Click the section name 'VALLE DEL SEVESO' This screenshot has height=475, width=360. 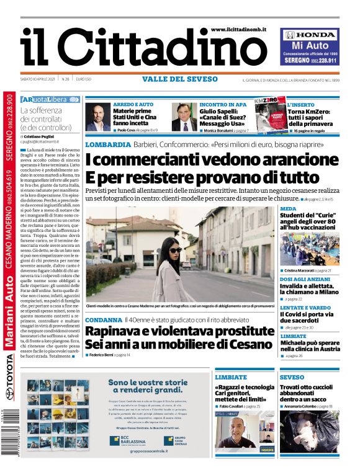180,79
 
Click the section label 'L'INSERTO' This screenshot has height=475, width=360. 300,105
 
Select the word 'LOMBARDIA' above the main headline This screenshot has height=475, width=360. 108,144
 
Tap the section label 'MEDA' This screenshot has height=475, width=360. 288,209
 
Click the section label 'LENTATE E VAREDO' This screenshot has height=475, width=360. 305,308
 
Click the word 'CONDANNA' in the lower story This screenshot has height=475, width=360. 104,320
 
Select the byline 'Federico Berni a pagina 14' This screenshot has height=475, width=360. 110,355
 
